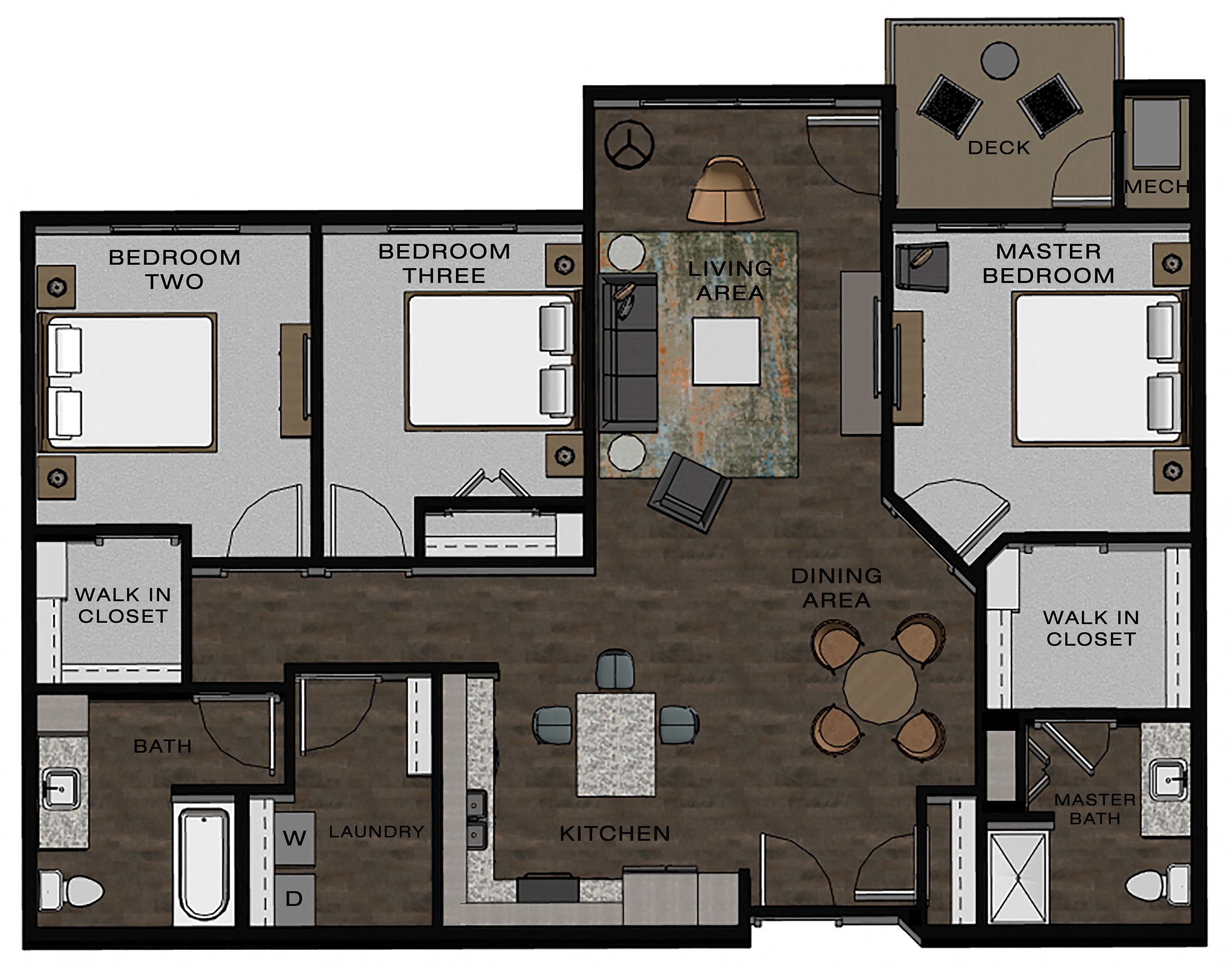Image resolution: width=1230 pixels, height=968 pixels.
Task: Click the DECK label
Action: point(998,148)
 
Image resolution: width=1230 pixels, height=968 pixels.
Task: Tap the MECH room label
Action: point(1156,186)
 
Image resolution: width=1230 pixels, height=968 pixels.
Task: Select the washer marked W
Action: point(295,837)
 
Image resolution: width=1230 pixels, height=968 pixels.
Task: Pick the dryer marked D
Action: point(294,898)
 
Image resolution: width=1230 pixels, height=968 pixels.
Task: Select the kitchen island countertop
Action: point(616,744)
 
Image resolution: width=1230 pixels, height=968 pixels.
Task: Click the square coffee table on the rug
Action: point(726,351)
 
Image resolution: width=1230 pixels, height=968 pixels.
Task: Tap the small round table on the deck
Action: point(1000,60)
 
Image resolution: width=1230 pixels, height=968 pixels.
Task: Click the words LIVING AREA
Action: point(730,281)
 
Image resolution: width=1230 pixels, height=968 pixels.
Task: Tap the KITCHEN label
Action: point(615,833)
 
